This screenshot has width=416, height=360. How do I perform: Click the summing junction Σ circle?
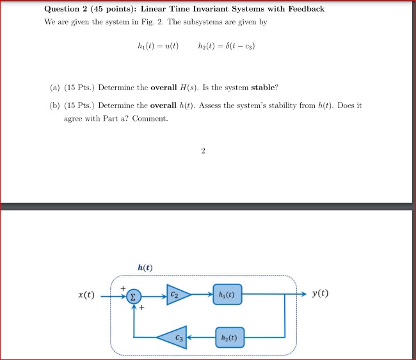tap(132, 296)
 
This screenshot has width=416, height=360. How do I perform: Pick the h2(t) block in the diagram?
tap(228, 335)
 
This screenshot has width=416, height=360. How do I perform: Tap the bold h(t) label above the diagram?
tap(145, 267)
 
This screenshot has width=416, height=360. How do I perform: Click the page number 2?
tap(203, 151)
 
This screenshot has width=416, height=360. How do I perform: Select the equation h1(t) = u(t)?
tap(158, 47)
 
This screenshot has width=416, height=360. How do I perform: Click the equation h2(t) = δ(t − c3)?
tap(228, 47)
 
